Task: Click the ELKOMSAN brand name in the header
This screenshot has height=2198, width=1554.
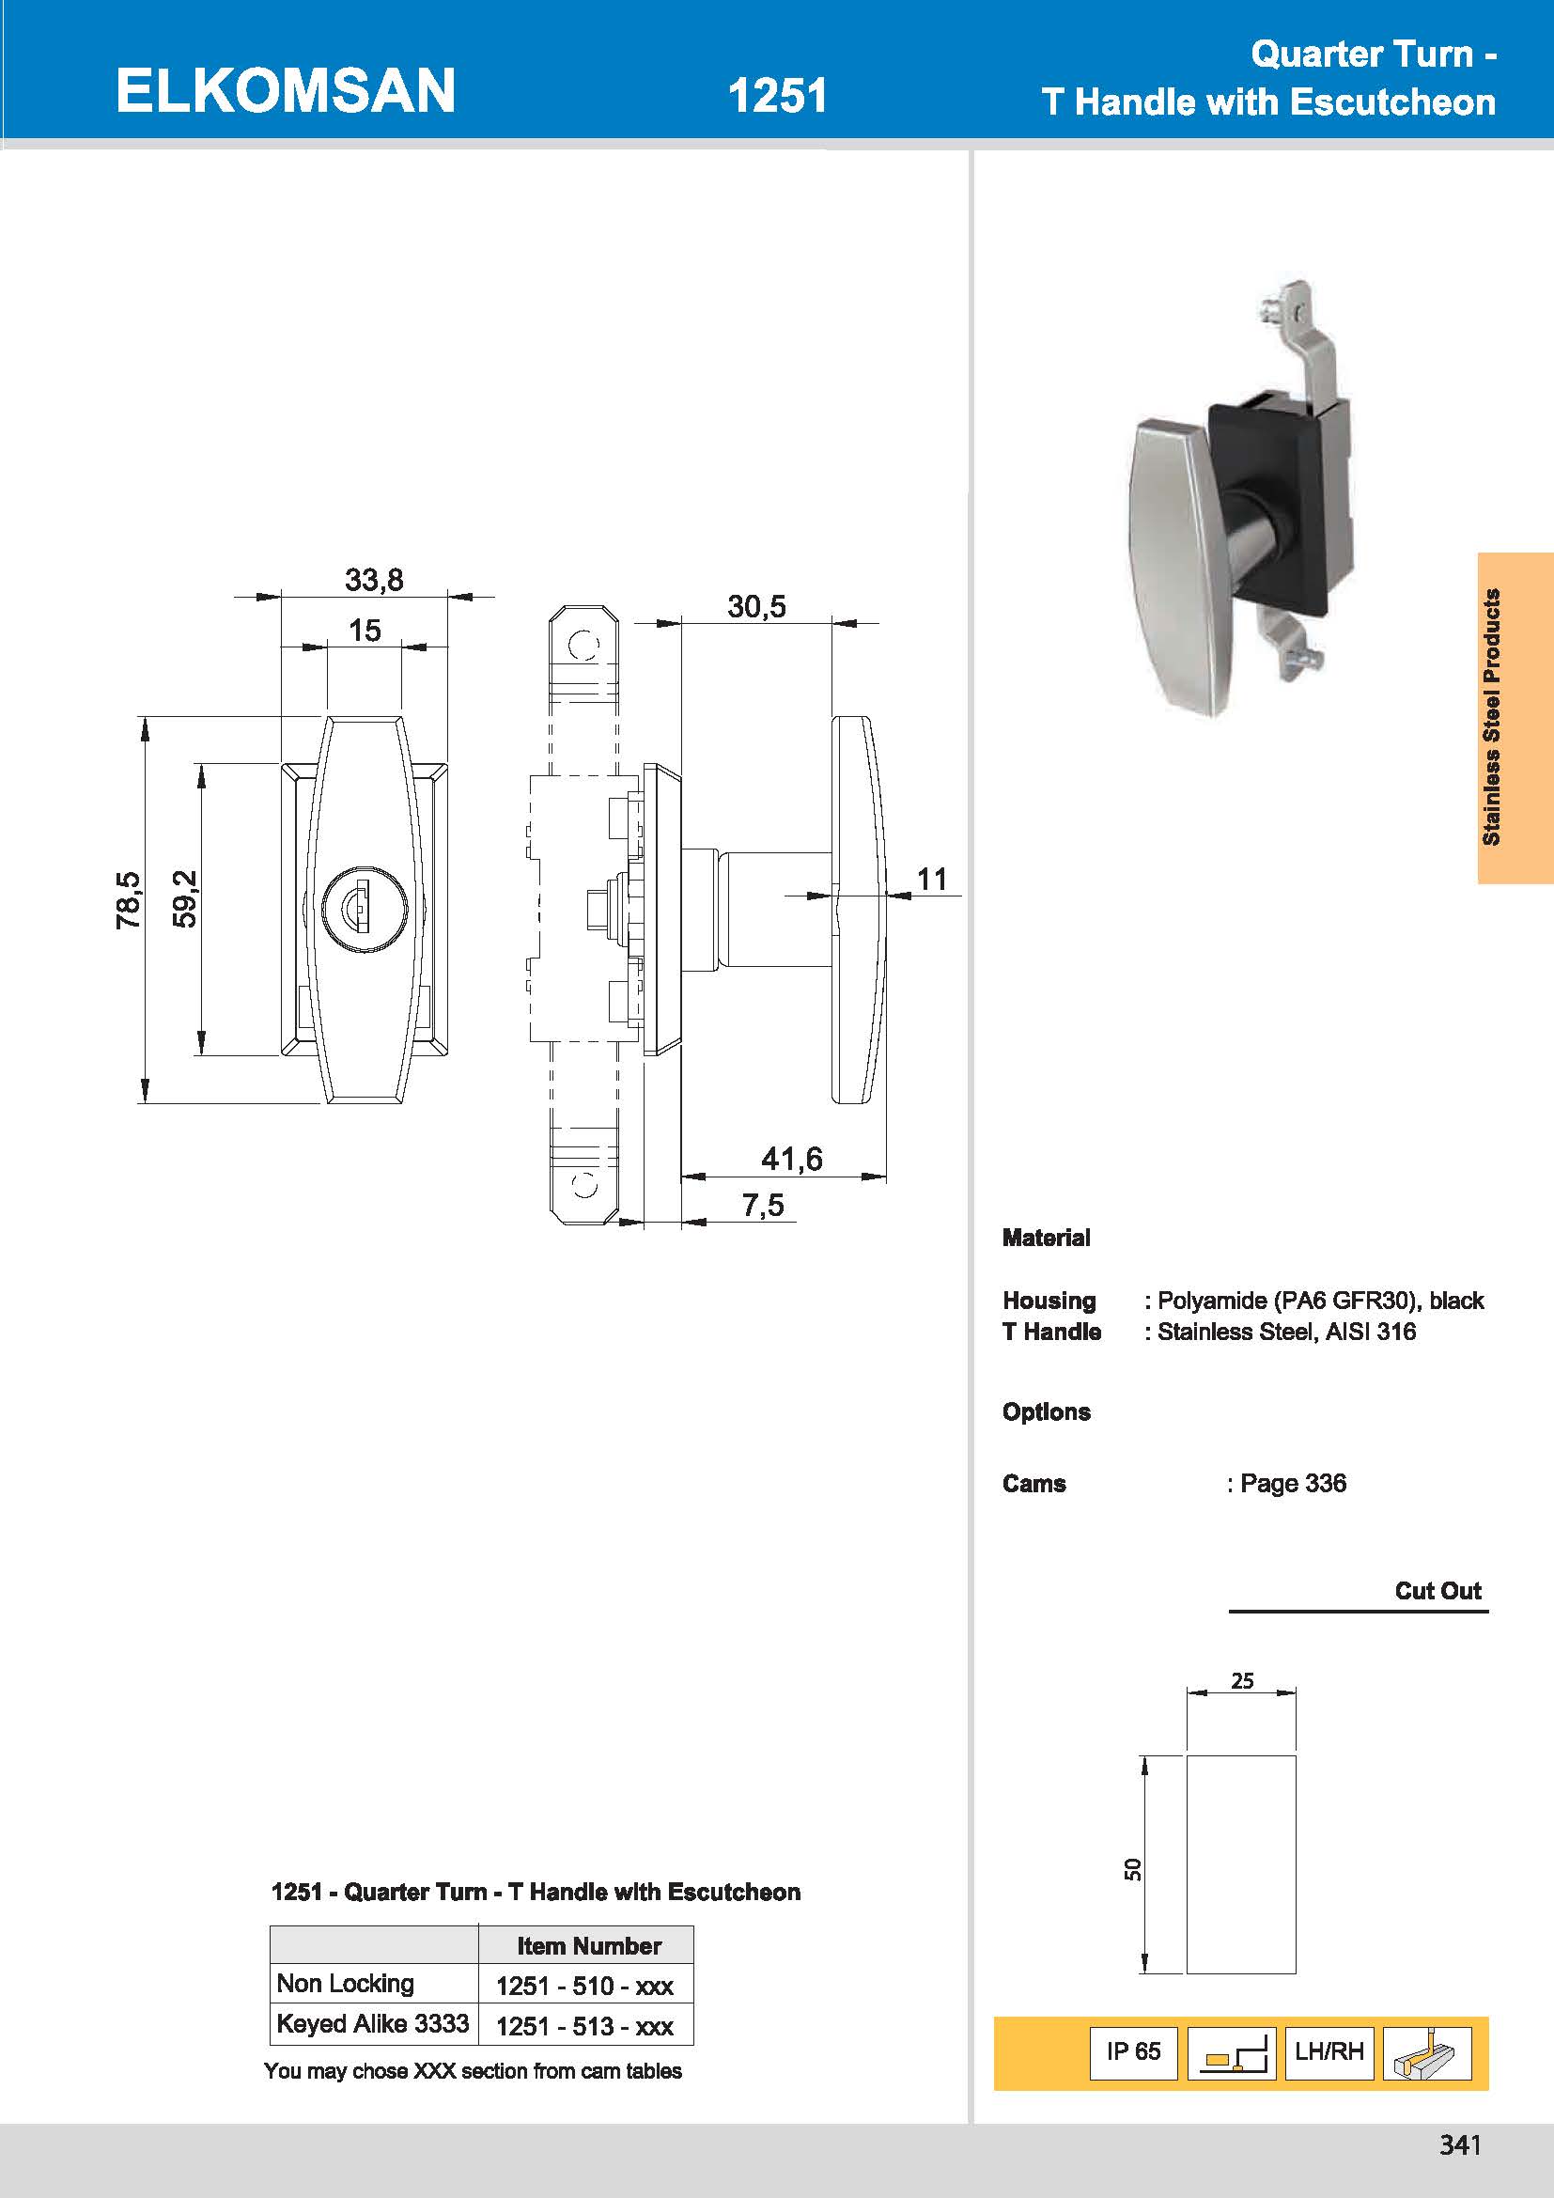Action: click(286, 91)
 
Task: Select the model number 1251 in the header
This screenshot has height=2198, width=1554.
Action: click(776, 96)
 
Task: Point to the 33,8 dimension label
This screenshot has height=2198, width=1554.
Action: click(374, 580)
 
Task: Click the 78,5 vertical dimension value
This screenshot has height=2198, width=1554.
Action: click(128, 900)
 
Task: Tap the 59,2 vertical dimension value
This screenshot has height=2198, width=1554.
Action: click(185, 899)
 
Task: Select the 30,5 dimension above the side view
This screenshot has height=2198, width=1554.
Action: click(756, 607)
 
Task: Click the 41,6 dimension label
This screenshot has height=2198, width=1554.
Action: click(791, 1160)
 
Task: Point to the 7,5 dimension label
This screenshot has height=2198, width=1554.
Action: click(763, 1206)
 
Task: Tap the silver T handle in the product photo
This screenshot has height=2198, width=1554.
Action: click(1173, 565)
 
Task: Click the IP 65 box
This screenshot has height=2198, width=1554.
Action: click(1133, 2051)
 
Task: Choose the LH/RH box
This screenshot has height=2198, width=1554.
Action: click(1329, 2051)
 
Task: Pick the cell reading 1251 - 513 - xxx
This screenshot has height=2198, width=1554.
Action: click(584, 2027)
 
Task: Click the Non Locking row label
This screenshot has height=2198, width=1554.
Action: click(346, 1984)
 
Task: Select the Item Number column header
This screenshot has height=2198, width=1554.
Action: click(588, 1946)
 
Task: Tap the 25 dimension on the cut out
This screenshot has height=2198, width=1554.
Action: click(1242, 1680)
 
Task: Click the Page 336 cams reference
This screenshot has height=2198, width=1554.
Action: click(1292, 1484)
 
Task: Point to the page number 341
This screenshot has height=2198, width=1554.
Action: click(1459, 2145)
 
